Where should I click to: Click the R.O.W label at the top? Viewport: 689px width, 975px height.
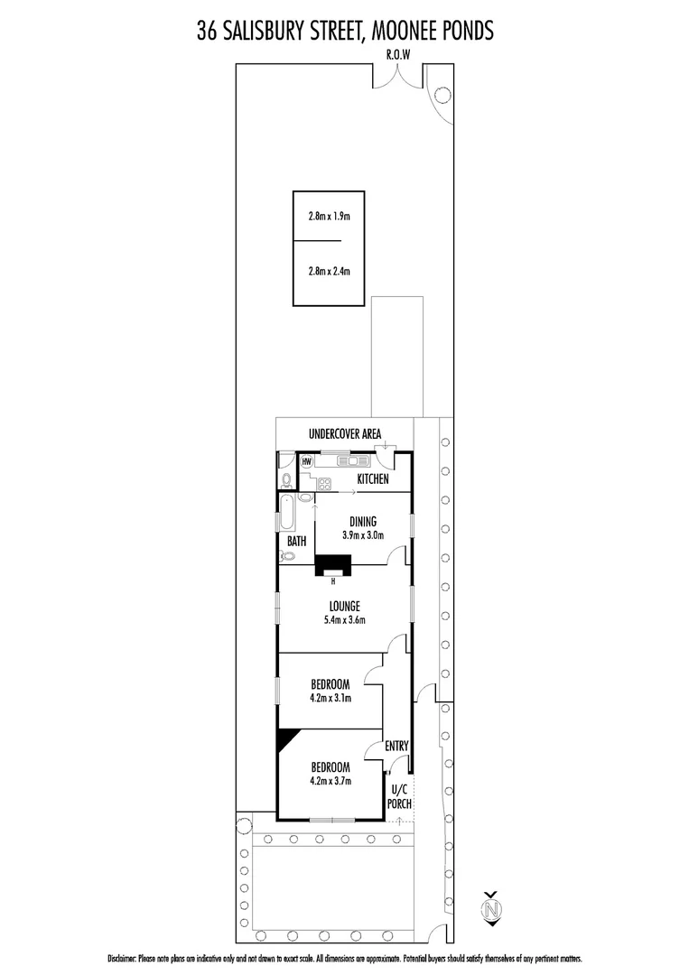[398, 54]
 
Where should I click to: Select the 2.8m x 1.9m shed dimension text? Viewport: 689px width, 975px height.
[329, 217]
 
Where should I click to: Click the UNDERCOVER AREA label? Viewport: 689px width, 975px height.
[344, 434]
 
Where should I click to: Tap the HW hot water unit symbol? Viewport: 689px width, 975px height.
[307, 461]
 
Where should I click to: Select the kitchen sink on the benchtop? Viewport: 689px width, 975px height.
[349, 461]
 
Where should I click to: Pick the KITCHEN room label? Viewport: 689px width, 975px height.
[373, 479]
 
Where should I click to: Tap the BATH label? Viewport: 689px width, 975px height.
[296, 542]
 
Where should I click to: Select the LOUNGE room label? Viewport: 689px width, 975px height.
[345, 607]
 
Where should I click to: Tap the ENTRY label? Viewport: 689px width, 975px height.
[397, 747]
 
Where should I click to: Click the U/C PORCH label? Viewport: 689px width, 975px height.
[399, 796]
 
